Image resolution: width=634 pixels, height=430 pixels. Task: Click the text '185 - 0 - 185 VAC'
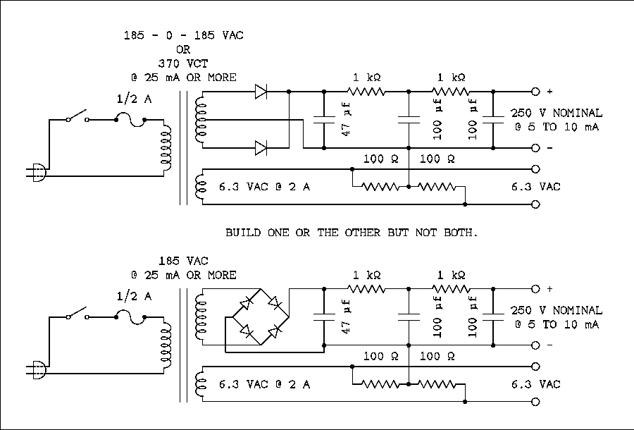(183, 35)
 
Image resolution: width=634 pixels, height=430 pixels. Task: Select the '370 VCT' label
(183, 63)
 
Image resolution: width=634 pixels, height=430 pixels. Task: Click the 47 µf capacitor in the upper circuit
(323, 120)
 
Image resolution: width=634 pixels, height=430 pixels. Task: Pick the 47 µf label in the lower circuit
(347, 317)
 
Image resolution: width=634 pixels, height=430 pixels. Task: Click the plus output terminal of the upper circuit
(535, 92)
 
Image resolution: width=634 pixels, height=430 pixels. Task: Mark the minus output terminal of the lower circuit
(535, 345)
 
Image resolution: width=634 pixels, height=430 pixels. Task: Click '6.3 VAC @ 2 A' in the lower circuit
(264, 384)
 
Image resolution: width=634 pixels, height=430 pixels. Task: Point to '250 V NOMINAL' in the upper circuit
(557, 113)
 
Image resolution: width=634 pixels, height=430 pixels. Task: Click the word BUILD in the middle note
(242, 232)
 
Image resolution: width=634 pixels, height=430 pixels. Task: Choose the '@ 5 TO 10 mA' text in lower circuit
(557, 324)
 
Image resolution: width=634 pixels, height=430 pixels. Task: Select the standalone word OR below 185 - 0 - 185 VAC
(183, 49)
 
